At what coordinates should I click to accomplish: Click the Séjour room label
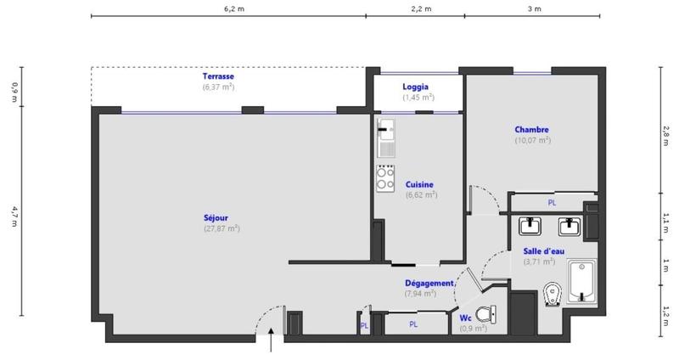point(216,217)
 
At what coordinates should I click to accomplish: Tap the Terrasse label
point(218,76)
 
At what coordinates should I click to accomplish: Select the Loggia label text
point(416,87)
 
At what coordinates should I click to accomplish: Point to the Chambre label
point(531,130)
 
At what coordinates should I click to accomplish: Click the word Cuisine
point(420,183)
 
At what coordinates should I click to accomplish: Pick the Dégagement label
point(431,283)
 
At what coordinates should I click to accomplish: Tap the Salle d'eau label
point(531,250)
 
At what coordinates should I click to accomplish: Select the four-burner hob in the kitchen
point(386,177)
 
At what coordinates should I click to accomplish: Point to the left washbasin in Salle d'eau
point(530,225)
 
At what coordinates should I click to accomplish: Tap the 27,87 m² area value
point(220,228)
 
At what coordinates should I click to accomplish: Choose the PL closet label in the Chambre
point(552,203)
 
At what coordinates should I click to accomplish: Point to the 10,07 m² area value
point(532,140)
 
